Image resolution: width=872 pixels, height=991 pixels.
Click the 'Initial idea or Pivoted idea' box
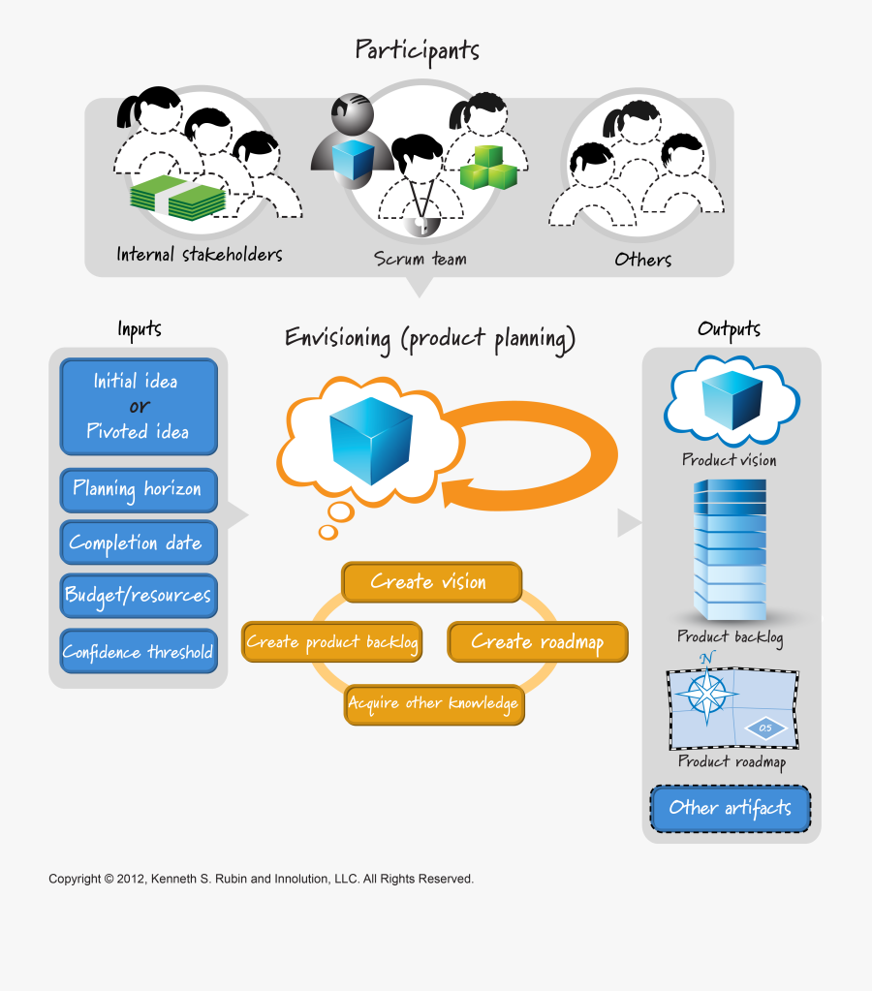tap(139, 407)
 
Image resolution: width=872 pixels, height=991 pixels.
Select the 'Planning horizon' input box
tap(138, 490)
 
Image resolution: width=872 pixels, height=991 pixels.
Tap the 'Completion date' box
tap(138, 543)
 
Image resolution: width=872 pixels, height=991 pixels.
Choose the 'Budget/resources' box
tap(138, 595)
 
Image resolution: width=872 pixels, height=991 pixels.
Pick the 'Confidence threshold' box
tap(138, 652)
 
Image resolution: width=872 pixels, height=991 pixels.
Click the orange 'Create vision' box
tap(431, 582)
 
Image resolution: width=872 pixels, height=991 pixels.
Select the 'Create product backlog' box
tap(331, 642)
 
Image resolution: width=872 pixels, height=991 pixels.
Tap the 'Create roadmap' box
tap(537, 642)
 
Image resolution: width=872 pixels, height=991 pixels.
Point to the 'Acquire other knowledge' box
tap(434, 703)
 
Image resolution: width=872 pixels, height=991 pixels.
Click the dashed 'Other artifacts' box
tap(730, 808)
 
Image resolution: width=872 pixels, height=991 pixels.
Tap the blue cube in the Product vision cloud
tap(732, 399)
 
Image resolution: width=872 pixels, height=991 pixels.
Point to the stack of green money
tap(178, 198)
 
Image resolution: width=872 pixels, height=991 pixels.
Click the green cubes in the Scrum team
tap(486, 167)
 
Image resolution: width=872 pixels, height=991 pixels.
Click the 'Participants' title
tap(417, 49)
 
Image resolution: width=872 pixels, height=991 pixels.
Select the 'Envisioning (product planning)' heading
tap(430, 338)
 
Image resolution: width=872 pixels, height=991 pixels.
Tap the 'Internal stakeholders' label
tap(200, 255)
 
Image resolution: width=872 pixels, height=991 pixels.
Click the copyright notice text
tap(261, 879)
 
